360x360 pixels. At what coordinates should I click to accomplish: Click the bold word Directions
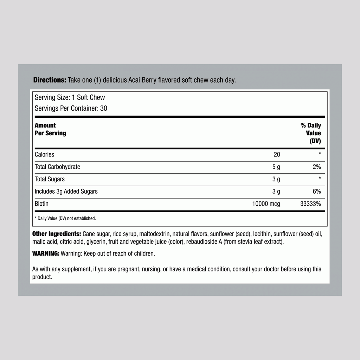[50, 80]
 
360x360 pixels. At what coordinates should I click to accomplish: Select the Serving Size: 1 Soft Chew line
[70, 97]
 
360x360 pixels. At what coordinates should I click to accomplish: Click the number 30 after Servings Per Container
[103, 108]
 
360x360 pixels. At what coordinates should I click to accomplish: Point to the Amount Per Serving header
[50, 129]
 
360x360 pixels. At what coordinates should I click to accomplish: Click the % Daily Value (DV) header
[311, 133]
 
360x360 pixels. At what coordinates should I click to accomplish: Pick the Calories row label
[44, 154]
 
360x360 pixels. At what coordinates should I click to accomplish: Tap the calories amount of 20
[277, 154]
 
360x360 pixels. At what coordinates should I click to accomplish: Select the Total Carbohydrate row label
[57, 167]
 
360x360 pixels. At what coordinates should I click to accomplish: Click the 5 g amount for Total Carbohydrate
[276, 167]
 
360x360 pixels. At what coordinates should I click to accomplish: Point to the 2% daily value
[316, 167]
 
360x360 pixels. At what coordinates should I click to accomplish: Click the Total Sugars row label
[50, 179]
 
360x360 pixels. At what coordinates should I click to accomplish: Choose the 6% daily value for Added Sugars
[316, 191]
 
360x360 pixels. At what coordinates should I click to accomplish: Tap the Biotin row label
[41, 204]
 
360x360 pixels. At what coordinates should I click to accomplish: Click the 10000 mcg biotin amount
[266, 204]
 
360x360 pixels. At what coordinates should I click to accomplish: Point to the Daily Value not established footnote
[65, 218]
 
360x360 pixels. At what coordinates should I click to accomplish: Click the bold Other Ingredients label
[57, 234]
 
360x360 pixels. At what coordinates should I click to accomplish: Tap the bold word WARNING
[46, 253]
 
